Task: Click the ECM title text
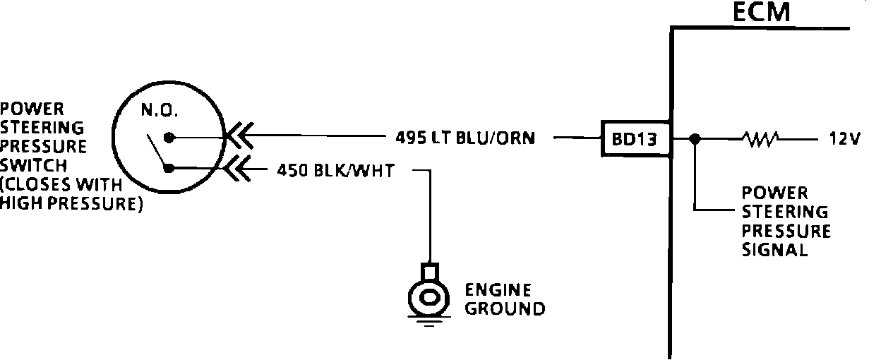pyautogui.click(x=759, y=12)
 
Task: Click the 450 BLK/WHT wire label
pyautogui.click(x=336, y=169)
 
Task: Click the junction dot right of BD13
pyautogui.click(x=695, y=138)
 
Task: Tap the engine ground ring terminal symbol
pyautogui.click(x=427, y=297)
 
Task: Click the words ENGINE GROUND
pyautogui.click(x=504, y=299)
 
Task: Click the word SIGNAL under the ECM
pyautogui.click(x=774, y=250)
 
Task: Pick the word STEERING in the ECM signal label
pyautogui.click(x=784, y=212)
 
